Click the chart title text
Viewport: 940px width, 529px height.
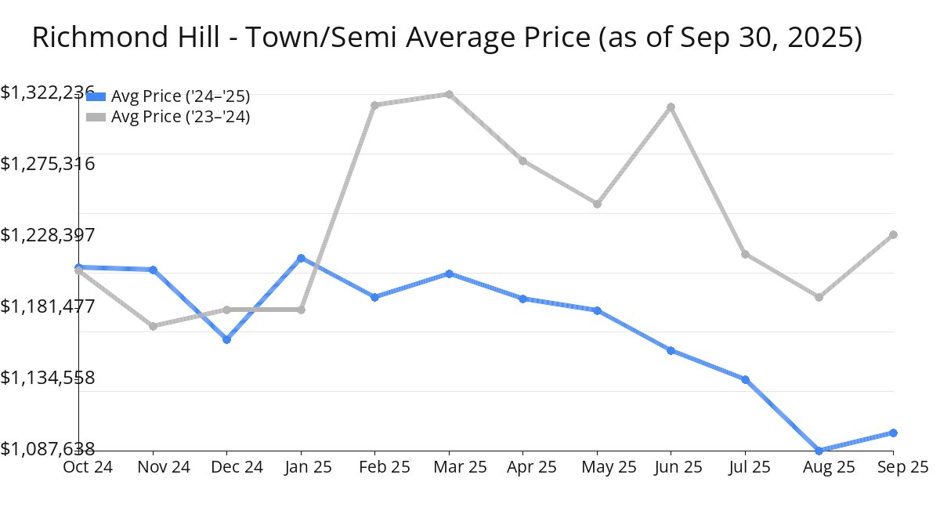point(446,38)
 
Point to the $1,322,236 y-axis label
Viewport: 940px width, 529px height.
point(47,92)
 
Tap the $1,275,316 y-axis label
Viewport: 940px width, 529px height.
point(47,164)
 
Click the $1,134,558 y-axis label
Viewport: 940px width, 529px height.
point(47,378)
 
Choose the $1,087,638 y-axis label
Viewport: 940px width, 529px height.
point(47,449)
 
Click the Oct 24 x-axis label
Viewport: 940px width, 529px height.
point(87,467)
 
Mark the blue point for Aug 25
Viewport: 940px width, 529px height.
point(819,451)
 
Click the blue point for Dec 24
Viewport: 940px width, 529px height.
point(226,339)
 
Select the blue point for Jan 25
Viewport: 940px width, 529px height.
point(301,258)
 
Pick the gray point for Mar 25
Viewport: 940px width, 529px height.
point(449,94)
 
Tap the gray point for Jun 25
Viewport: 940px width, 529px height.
point(671,107)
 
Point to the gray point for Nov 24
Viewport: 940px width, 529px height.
point(153,326)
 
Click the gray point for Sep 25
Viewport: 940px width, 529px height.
point(893,234)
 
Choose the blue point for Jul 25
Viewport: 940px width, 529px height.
point(745,379)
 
